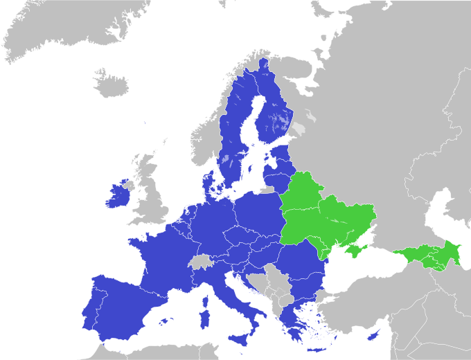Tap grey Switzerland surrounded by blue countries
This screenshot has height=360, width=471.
[200, 262]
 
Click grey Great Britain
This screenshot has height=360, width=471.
[154, 201]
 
